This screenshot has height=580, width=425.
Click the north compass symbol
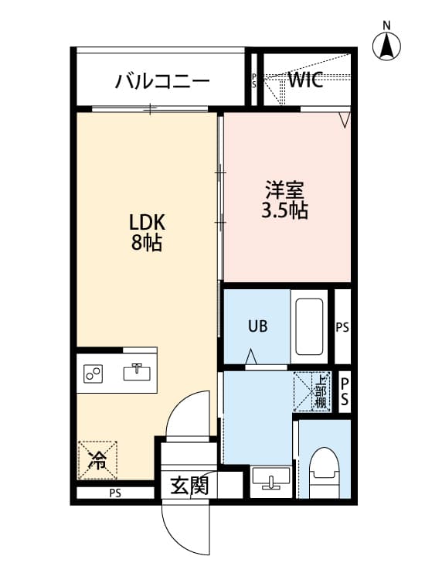[387, 45]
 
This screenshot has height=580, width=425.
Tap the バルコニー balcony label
[162, 80]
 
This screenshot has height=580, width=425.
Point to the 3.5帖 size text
[285, 210]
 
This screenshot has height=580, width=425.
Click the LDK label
[147, 222]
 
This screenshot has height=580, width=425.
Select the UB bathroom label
[257, 326]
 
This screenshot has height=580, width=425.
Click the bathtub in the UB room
[309, 326]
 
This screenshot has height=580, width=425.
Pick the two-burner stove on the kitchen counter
[95, 374]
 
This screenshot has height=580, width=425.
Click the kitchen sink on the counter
[137, 372]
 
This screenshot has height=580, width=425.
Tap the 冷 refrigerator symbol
[98, 461]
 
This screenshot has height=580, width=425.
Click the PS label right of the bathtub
[342, 327]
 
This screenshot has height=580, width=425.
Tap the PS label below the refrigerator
[115, 493]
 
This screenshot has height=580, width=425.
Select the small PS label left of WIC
[254, 80]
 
